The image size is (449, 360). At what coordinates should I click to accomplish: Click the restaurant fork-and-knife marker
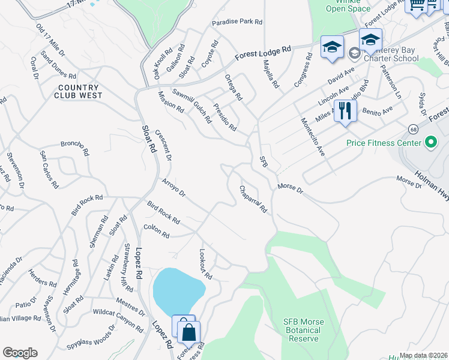(345, 111)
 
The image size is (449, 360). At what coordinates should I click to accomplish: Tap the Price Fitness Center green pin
(430, 143)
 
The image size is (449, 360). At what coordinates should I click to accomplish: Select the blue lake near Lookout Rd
(178, 291)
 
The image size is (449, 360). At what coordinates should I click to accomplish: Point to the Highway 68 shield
(413, 130)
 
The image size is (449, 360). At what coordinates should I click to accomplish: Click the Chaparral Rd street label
(253, 199)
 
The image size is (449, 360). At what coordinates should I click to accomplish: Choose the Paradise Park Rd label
(237, 22)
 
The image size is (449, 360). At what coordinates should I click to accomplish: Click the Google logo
(20, 353)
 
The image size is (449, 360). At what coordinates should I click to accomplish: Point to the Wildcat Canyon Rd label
(118, 321)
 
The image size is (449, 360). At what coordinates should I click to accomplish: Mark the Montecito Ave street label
(313, 137)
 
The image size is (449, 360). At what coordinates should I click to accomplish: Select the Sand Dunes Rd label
(58, 64)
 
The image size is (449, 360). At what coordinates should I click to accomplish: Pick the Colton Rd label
(157, 231)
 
